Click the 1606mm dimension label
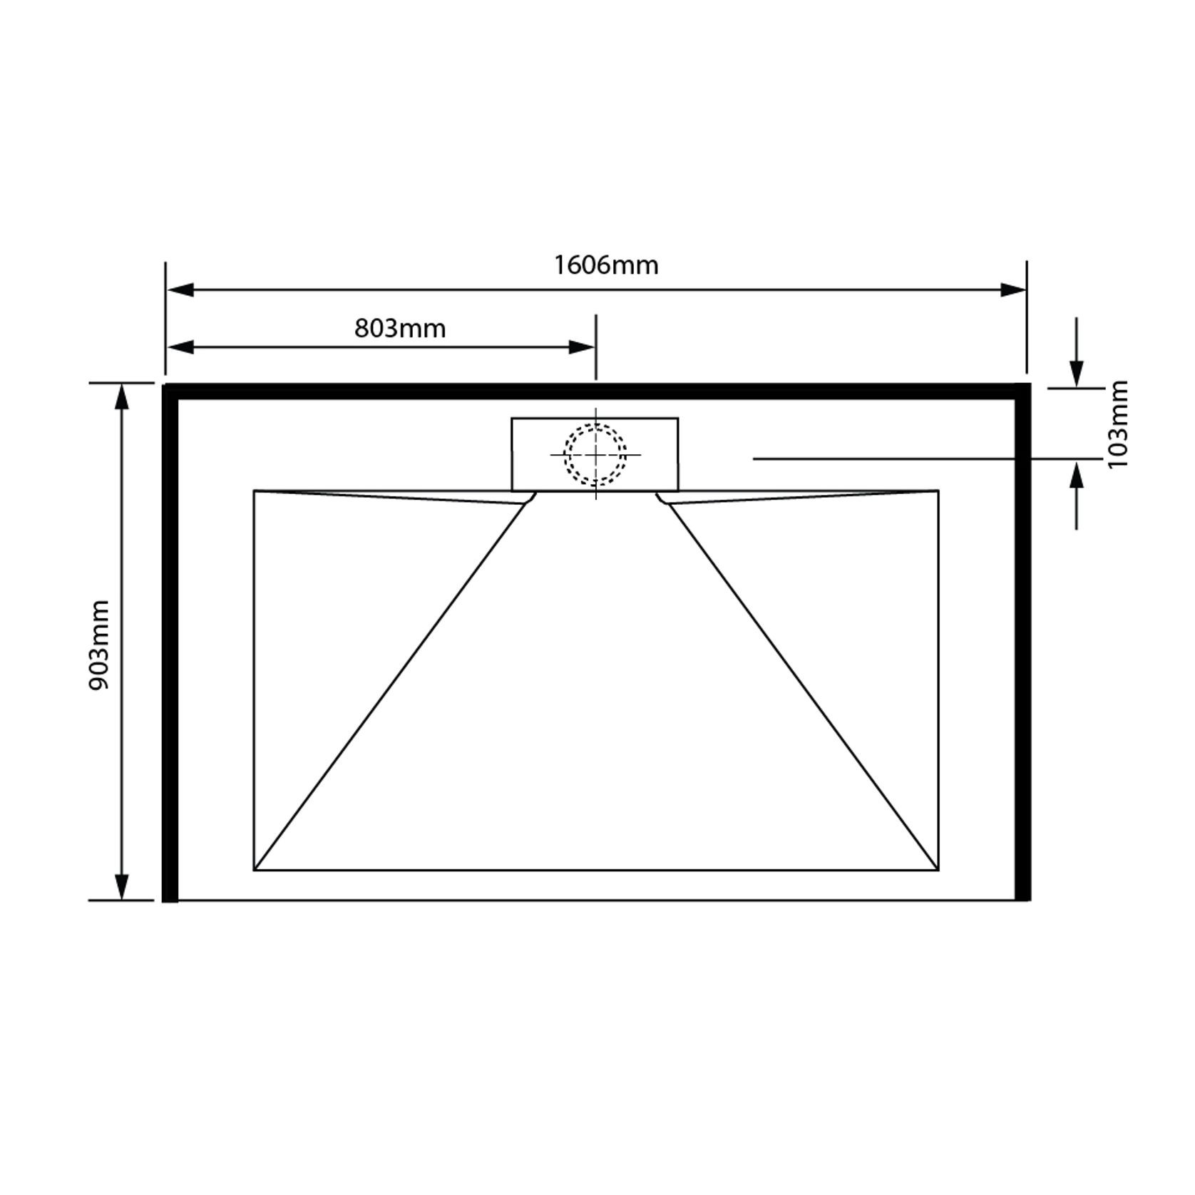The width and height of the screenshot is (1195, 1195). [x=606, y=265]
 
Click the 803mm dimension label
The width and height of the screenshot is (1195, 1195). [x=400, y=329]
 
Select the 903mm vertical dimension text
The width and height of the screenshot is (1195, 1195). [x=99, y=645]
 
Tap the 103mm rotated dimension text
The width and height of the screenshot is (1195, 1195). [x=1118, y=424]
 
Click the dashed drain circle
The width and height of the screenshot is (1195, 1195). [x=595, y=455]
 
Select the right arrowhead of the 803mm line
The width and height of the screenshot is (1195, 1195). [x=582, y=347]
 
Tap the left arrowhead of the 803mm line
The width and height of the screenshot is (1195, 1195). [x=180, y=347]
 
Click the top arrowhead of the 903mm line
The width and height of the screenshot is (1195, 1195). [x=122, y=396]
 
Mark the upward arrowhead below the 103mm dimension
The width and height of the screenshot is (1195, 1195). [x=1077, y=475]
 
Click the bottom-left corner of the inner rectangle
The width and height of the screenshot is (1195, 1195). [x=255, y=870]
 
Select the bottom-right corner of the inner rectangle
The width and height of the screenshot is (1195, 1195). [x=938, y=870]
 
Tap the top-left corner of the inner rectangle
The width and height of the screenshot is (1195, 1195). [x=255, y=491]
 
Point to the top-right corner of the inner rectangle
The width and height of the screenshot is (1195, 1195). [x=938, y=491]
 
